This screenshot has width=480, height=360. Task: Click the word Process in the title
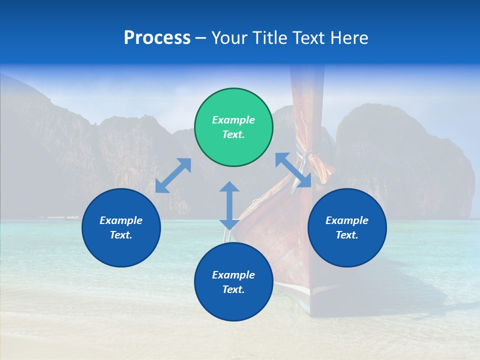[x=157, y=38]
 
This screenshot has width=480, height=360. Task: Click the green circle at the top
[x=233, y=127]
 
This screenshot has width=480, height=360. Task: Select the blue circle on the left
[x=121, y=227]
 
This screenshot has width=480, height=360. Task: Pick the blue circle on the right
[x=347, y=227]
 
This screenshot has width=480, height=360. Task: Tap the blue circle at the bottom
[x=233, y=281]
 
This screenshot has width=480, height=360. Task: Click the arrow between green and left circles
[x=173, y=175]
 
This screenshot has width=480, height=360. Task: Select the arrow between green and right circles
[x=293, y=170]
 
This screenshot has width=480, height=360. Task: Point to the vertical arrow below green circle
[x=229, y=205]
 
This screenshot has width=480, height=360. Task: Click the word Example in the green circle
[x=233, y=120]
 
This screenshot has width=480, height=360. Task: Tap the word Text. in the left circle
[x=121, y=235]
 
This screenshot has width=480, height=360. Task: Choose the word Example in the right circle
[x=347, y=220]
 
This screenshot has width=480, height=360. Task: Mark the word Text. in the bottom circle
[x=233, y=289]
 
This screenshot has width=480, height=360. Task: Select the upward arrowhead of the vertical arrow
[x=229, y=186]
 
